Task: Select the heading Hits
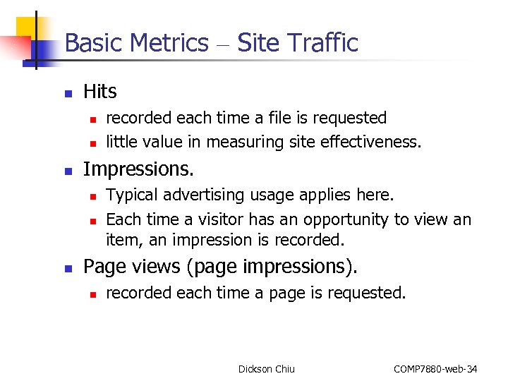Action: tap(100, 92)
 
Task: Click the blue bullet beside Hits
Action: tap(68, 93)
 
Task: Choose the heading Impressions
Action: tap(138, 169)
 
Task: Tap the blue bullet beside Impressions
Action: tap(68, 171)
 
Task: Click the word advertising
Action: tap(200, 195)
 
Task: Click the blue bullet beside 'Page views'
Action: tap(68, 268)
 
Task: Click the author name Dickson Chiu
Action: tap(267, 369)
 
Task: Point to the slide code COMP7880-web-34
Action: tap(435, 369)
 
